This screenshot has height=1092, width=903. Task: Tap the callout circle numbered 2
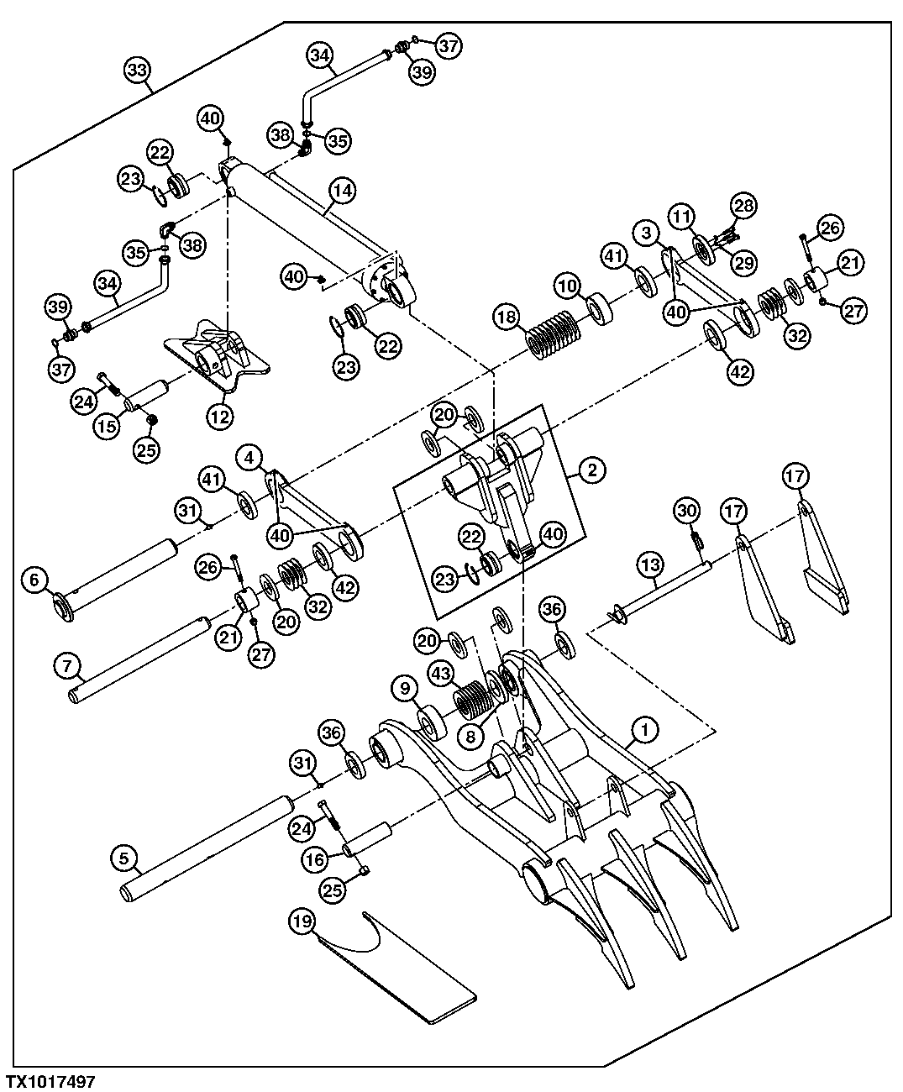(x=591, y=470)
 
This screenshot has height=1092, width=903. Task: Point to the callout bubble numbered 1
(x=644, y=731)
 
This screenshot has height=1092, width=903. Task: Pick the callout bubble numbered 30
(x=687, y=510)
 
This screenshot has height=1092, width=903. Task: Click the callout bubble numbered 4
(x=249, y=458)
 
